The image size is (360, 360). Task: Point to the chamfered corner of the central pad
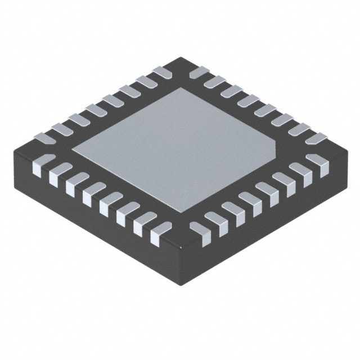[276, 147]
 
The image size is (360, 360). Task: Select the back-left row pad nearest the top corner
[162, 72]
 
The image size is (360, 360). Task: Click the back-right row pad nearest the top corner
[199, 72]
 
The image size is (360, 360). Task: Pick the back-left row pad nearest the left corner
[44, 137]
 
